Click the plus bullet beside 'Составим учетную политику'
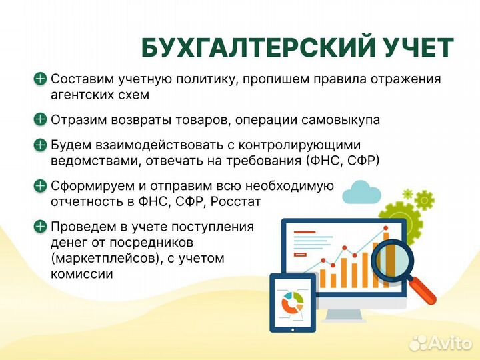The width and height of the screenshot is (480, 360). point(40,79)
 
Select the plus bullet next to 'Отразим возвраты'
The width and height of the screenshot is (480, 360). point(40,120)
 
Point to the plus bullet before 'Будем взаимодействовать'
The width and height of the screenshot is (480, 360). point(40,145)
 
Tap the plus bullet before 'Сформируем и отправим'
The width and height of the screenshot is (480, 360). point(40,185)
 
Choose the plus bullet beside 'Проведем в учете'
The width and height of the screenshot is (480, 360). point(40,226)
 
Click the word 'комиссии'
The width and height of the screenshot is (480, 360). point(82,273)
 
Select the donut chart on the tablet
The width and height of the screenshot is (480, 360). point(293,304)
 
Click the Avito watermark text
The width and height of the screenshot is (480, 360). point(450,343)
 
